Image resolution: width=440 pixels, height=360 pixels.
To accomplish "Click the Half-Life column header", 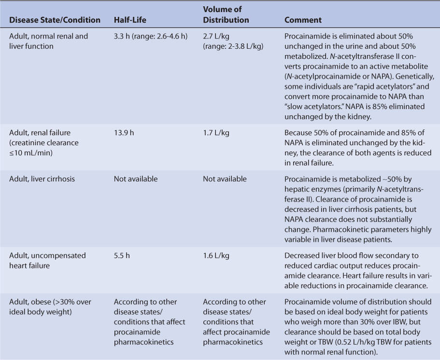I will coord(130,20).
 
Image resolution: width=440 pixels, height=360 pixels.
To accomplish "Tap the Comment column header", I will coord(303,20).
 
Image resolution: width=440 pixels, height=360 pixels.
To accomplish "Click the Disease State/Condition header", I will coord(55,20).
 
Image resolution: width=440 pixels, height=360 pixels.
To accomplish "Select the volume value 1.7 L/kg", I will coord(216,133).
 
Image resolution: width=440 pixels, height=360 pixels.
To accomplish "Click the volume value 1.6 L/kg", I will coord(216,255).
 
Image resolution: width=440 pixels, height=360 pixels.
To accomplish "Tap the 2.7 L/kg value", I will coord(216,36).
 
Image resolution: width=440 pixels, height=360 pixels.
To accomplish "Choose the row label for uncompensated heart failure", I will coord(47,260).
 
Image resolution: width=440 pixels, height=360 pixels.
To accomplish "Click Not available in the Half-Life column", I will coord(136,179).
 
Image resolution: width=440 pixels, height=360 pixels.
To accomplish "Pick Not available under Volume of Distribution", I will coord(225,179).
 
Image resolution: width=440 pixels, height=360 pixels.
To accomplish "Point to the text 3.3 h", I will coord(122,36).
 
